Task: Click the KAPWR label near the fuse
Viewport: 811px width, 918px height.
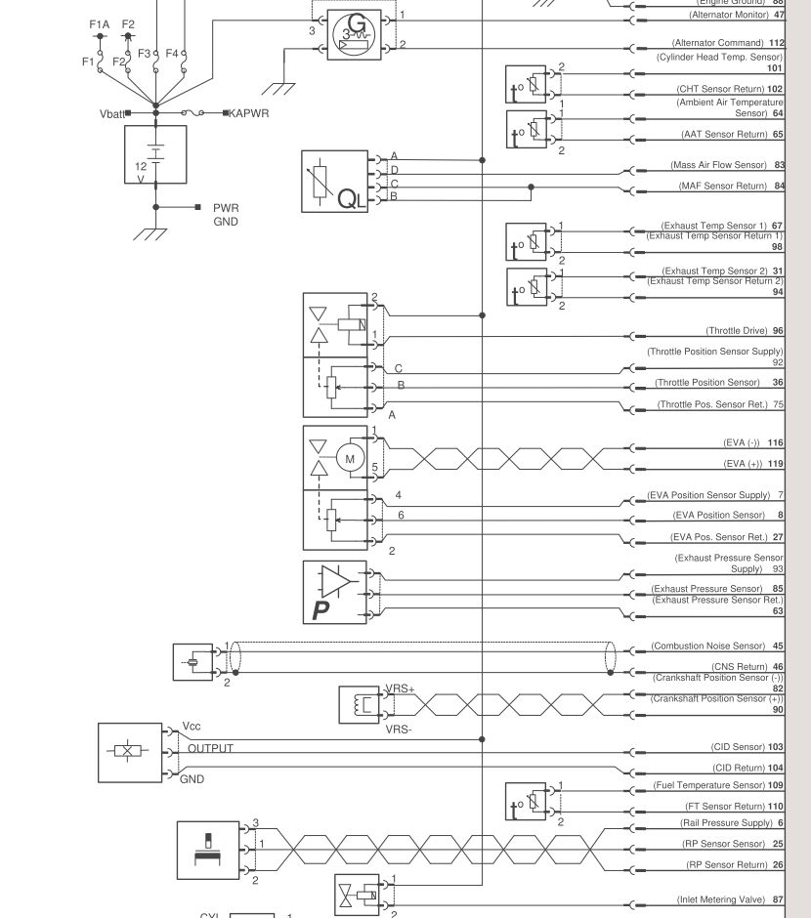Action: pos(248,113)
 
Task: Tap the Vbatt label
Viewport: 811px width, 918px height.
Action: pos(110,114)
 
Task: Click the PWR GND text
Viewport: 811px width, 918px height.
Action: pos(226,215)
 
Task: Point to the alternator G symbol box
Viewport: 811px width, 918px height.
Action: pos(350,35)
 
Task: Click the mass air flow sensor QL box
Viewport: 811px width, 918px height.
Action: pos(334,182)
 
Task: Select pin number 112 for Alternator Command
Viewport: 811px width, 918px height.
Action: pos(777,43)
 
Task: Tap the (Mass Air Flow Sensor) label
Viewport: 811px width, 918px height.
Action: pos(718,165)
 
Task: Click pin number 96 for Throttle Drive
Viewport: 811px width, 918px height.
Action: pos(778,331)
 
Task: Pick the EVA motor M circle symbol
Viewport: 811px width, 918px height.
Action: pos(351,457)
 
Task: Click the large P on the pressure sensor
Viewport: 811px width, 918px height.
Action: pos(320,610)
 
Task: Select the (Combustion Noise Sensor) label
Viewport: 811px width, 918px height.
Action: pos(707,646)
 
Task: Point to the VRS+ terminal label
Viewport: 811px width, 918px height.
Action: pos(401,688)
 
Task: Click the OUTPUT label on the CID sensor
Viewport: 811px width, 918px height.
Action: pos(210,749)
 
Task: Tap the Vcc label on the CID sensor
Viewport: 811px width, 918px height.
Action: pos(192,728)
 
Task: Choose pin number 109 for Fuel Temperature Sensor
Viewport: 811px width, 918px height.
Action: pos(776,785)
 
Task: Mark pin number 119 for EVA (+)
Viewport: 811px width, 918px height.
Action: pos(776,464)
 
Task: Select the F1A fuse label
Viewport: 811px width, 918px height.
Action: pos(99,24)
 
